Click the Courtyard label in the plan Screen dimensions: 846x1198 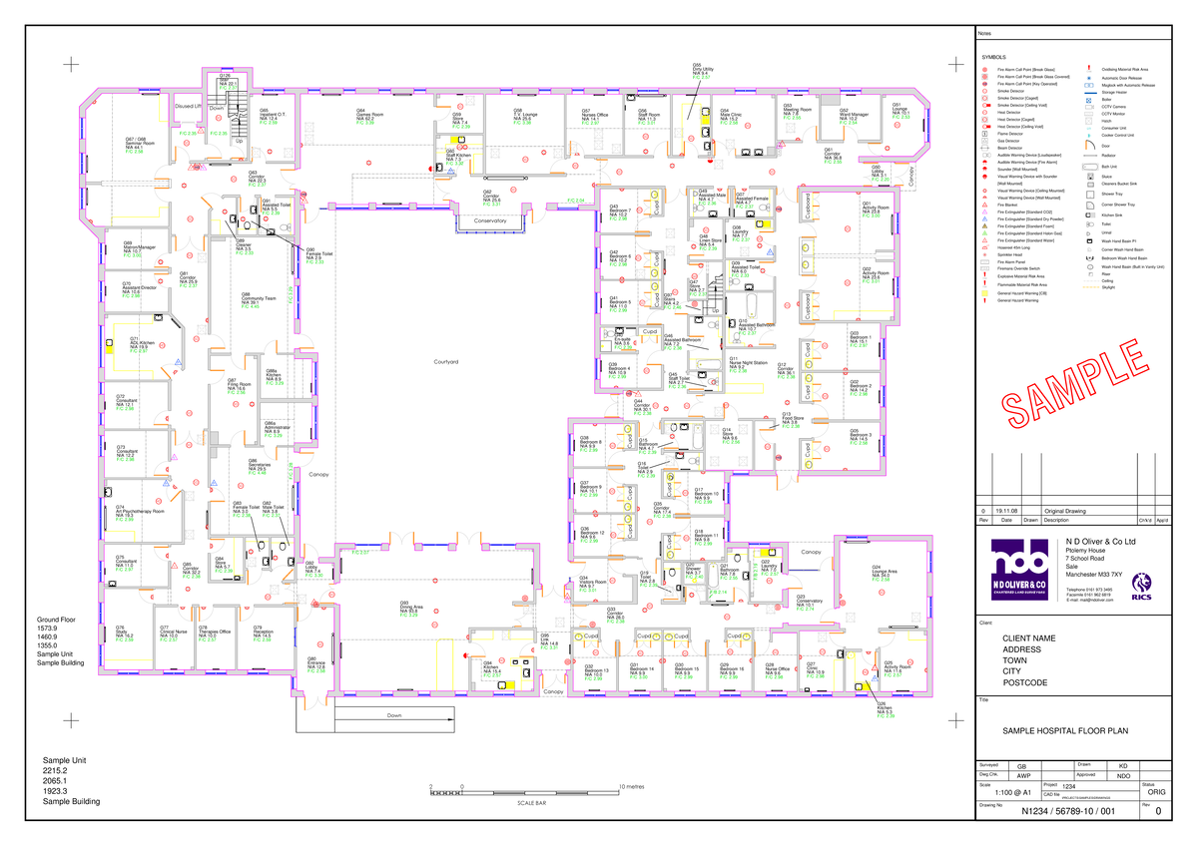coord(445,361)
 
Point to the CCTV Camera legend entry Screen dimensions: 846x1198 coord(1115,105)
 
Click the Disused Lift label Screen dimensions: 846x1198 coord(190,105)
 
